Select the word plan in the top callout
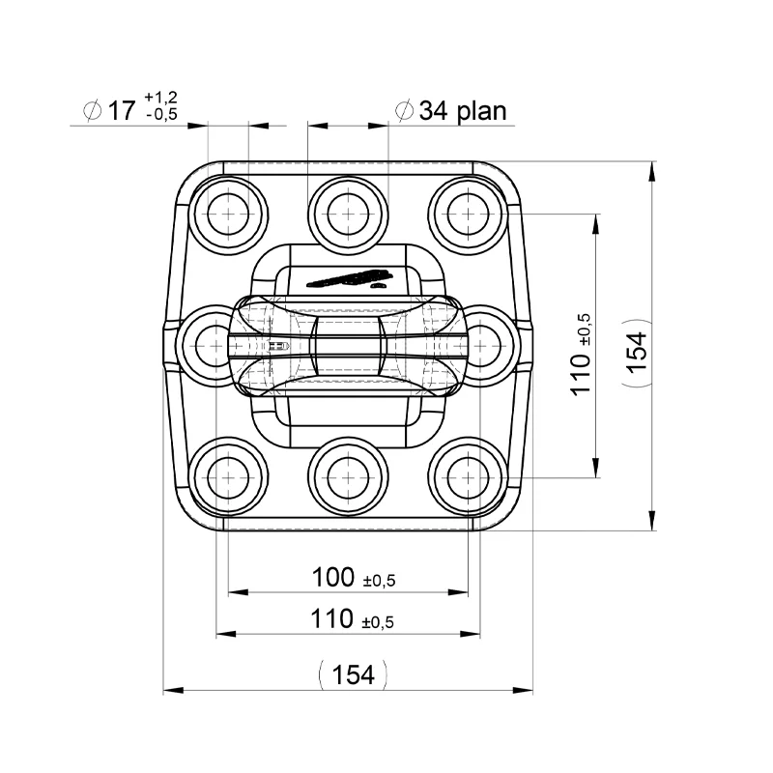click(x=476, y=111)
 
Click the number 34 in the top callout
click(x=431, y=111)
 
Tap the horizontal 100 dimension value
click(x=333, y=578)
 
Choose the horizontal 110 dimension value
click(x=333, y=619)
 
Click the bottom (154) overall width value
click(x=353, y=674)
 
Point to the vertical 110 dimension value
click(x=580, y=371)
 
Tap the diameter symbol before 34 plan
click(x=405, y=111)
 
